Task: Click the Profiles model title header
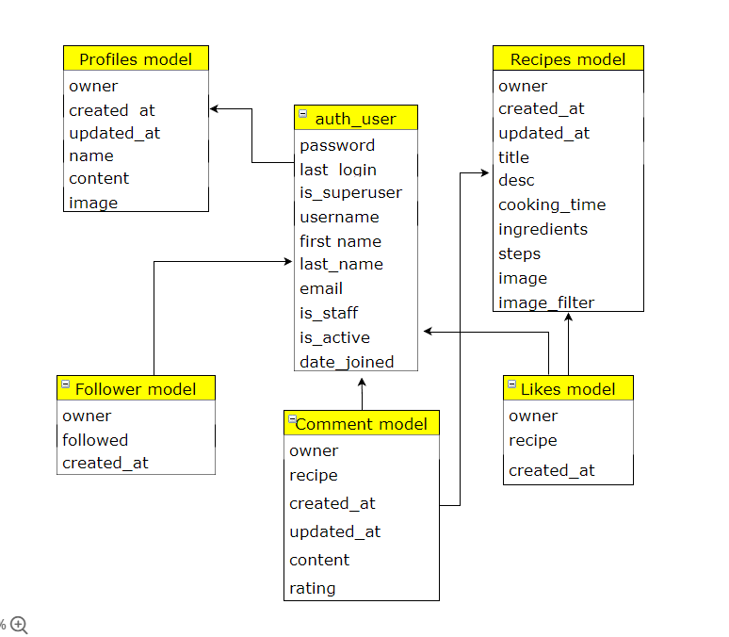click(x=136, y=58)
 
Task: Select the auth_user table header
click(x=355, y=118)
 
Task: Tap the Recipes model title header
click(x=568, y=58)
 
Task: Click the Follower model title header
click(x=136, y=388)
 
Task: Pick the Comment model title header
click(x=362, y=424)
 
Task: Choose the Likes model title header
click(x=568, y=388)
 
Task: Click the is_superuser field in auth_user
click(x=350, y=192)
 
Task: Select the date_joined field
click(x=347, y=362)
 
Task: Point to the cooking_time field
click(x=552, y=204)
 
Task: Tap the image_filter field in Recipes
click(x=546, y=302)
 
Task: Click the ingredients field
click(x=543, y=229)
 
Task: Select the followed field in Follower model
click(x=95, y=440)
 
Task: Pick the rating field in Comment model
click(x=313, y=588)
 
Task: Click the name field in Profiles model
click(x=91, y=155)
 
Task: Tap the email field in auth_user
click(x=321, y=288)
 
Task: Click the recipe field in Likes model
click(x=533, y=440)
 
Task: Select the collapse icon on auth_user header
click(x=303, y=114)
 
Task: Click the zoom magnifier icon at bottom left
click(x=19, y=624)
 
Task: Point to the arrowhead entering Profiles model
click(x=215, y=109)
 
